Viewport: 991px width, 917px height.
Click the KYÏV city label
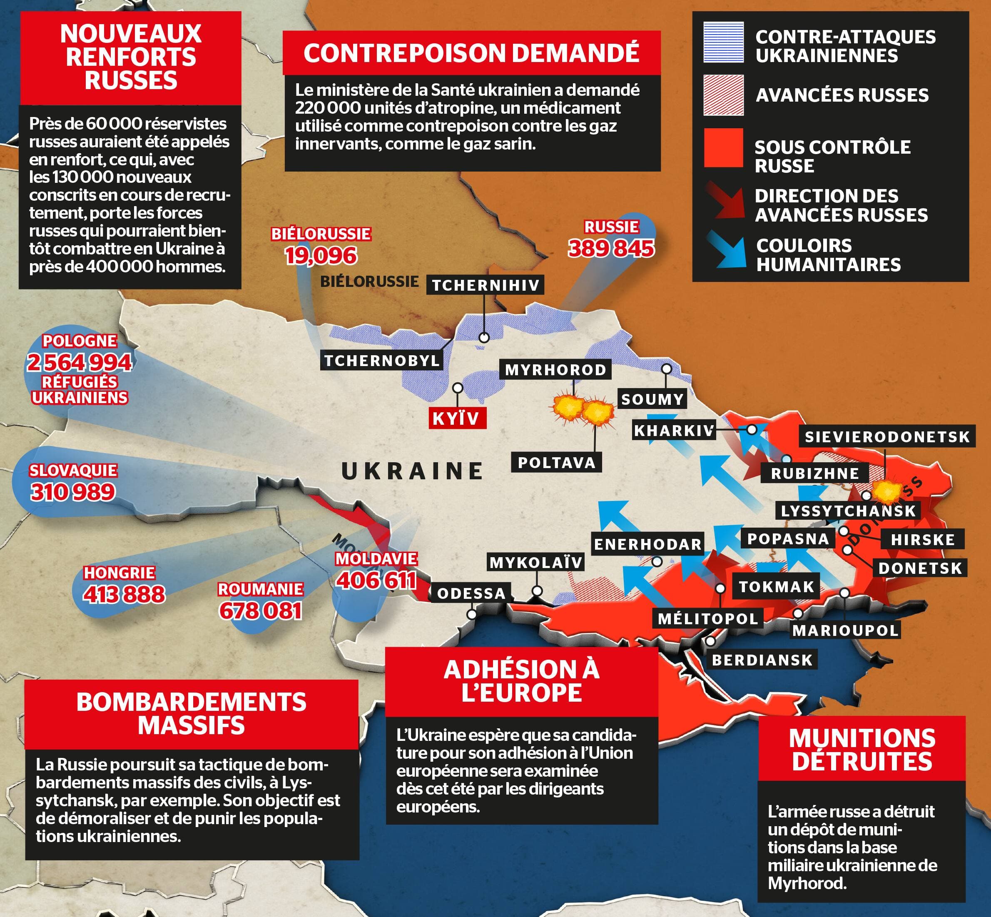[456, 418]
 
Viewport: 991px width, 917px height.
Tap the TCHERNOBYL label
[382, 360]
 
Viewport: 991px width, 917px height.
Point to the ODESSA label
[471, 593]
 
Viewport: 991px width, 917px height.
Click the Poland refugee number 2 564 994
[80, 362]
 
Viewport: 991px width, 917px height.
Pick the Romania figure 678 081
[261, 611]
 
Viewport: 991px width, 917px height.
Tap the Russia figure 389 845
[611, 248]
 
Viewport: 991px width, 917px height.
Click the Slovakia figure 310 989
[73, 492]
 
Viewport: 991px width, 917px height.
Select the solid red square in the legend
[723, 148]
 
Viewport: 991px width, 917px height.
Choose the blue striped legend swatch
[723, 42]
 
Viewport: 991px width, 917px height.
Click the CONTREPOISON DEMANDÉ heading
[471, 53]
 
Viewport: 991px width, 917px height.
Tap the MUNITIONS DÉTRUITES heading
[862, 750]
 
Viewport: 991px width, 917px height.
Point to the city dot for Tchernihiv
[484, 337]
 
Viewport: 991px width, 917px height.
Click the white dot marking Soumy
[667, 369]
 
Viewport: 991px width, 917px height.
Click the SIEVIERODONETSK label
[887, 437]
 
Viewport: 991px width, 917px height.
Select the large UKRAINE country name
[412, 471]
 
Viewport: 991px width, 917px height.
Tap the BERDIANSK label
[762, 660]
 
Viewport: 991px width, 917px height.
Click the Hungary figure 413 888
[124, 594]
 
